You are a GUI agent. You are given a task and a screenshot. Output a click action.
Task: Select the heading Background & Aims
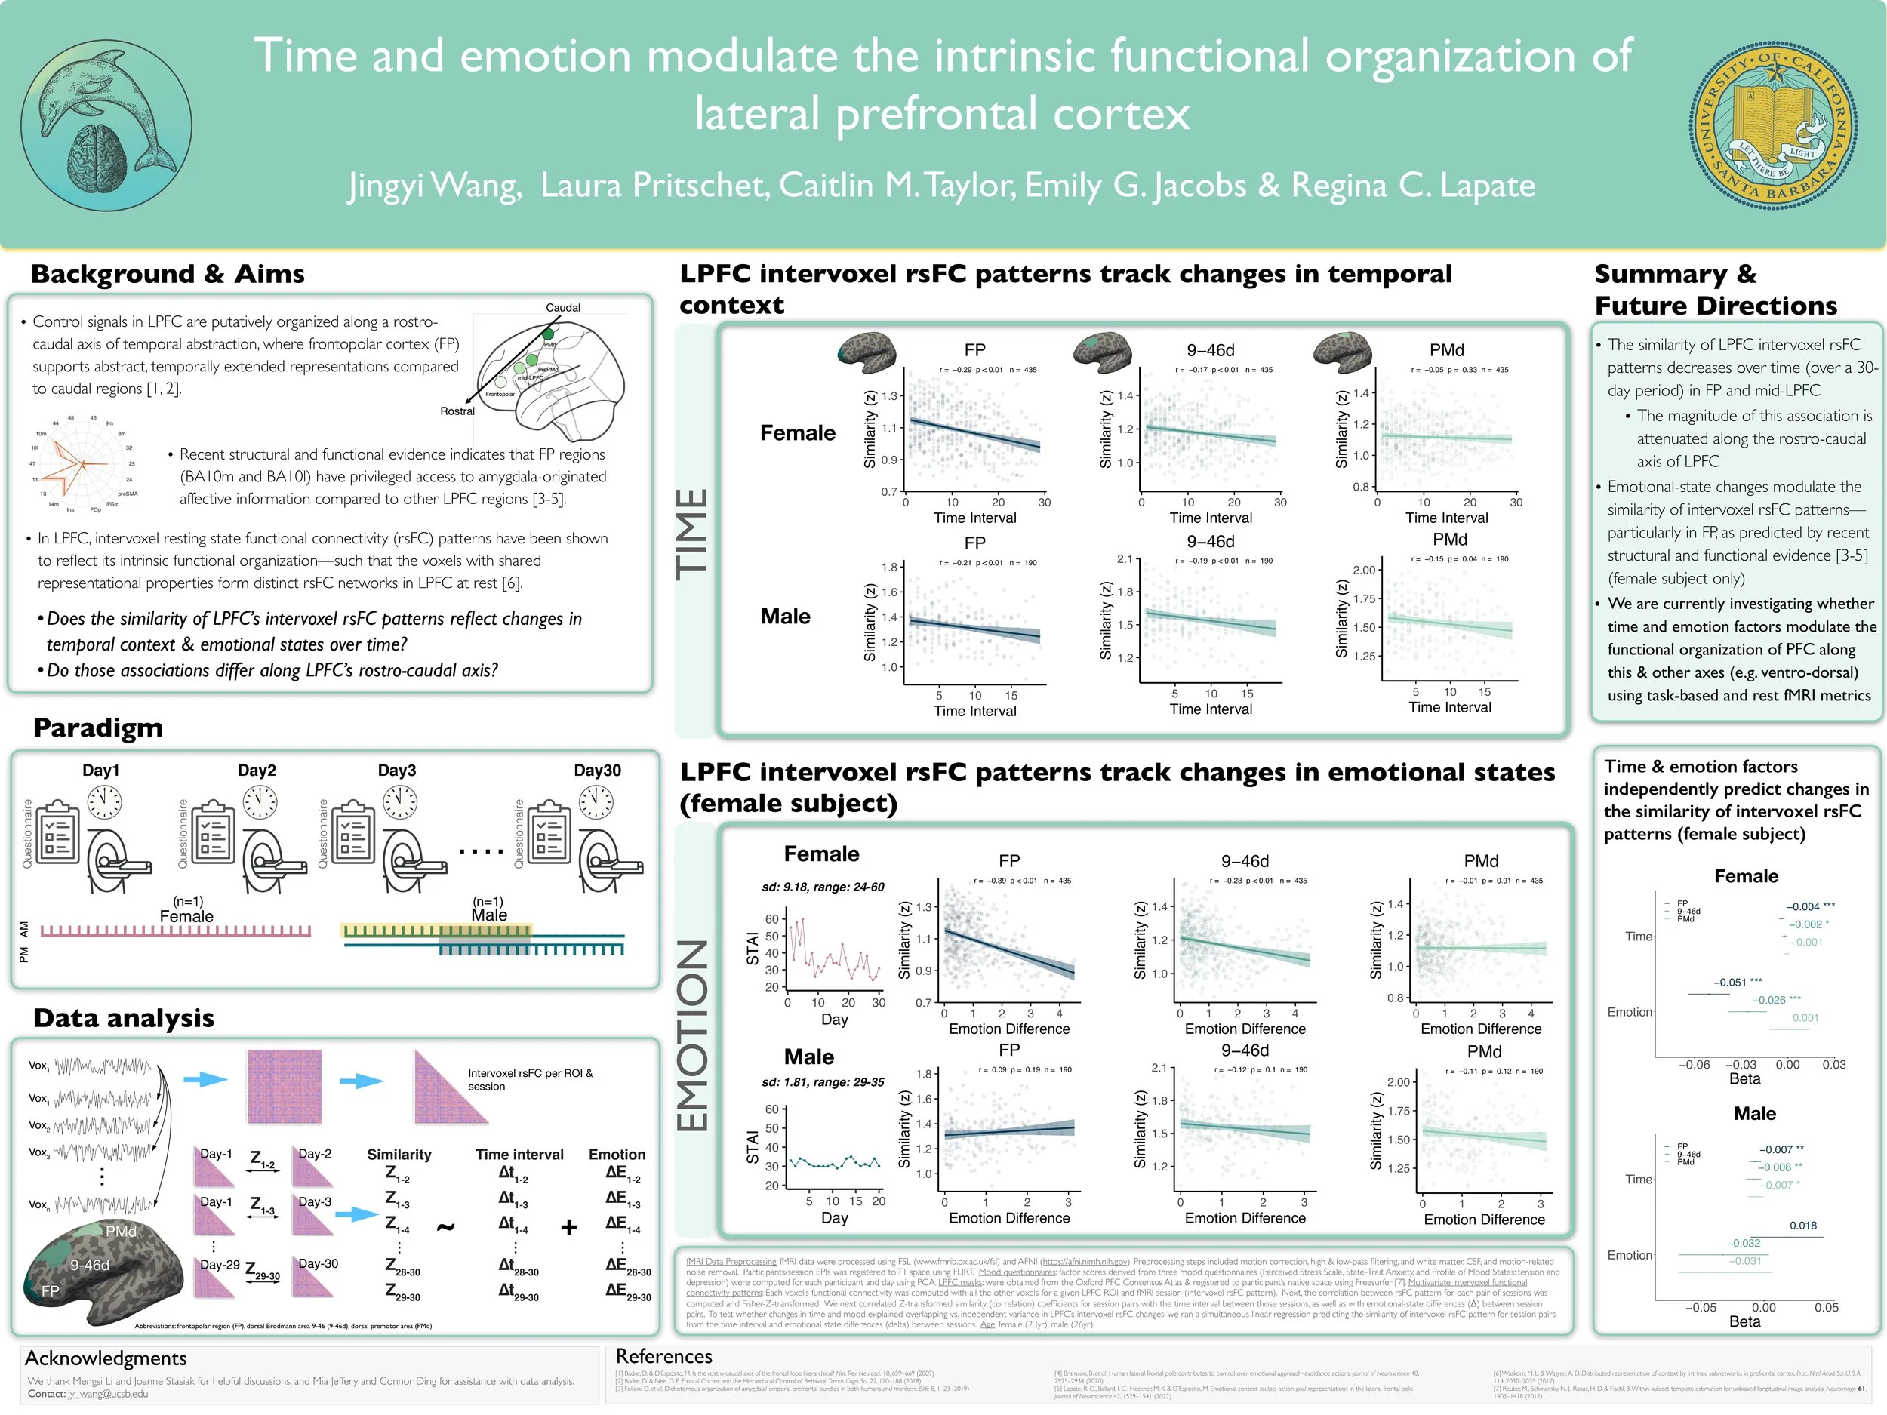point(168,274)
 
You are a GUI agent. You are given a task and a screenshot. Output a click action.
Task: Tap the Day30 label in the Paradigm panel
point(596,771)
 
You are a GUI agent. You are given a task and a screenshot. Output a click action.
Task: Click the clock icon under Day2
point(260,801)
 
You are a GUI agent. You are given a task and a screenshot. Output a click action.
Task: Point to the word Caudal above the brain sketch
point(562,307)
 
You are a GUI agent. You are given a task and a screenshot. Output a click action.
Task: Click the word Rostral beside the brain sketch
point(457,411)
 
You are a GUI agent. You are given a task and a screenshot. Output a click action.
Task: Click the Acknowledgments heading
point(106,1358)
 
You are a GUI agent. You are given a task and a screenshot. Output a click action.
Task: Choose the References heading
point(663,1356)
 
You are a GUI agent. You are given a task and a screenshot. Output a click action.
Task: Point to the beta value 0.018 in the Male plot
point(1802,1226)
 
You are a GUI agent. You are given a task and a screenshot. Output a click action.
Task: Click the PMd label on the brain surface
point(121,1232)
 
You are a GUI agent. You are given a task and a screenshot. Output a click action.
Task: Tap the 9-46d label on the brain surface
point(90,1265)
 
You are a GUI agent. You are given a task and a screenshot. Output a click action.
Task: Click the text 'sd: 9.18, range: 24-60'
point(823,887)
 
